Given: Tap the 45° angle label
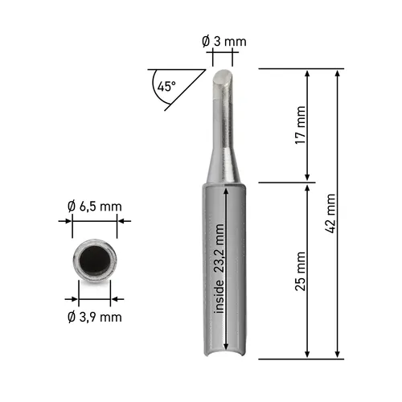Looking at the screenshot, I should [166, 86].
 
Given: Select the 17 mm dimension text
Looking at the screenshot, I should [300, 125].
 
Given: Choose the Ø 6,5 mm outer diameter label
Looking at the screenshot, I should [95, 207].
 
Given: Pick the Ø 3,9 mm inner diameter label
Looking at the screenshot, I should [95, 317].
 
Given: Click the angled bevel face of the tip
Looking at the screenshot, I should [224, 79].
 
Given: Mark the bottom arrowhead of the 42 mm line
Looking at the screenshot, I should [338, 354].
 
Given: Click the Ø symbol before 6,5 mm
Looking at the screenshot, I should [72, 207].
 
